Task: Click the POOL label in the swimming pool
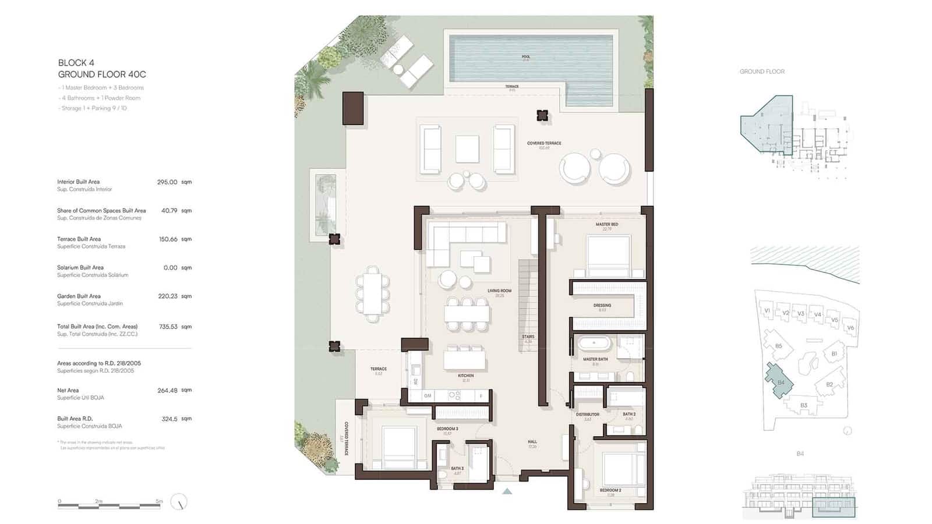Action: [x=525, y=57]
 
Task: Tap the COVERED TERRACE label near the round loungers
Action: [x=544, y=143]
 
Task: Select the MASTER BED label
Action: [x=606, y=224]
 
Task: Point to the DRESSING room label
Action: [x=602, y=305]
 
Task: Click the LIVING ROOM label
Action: [x=499, y=291]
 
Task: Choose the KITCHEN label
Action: [x=465, y=376]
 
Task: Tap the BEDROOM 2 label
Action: [x=610, y=490]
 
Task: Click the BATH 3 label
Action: [x=457, y=468]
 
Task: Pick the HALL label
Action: [x=532, y=441]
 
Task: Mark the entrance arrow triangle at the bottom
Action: [x=507, y=491]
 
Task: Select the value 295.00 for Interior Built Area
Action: [x=167, y=182]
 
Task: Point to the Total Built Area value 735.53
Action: [x=168, y=327]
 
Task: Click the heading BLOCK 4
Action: [x=76, y=62]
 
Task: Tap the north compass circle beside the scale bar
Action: [x=179, y=502]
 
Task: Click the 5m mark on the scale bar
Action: [x=159, y=501]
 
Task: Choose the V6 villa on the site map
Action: [x=850, y=328]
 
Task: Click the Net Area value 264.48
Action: [x=167, y=391]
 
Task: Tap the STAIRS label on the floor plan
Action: [x=528, y=337]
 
